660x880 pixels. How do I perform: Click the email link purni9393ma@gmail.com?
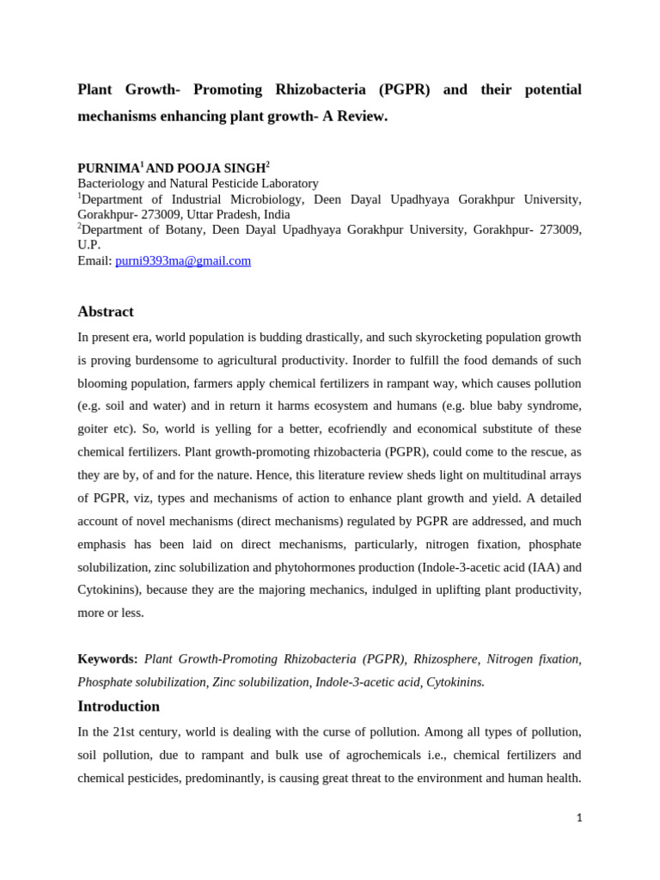pyautogui.click(x=183, y=260)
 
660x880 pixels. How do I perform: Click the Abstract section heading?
pyautogui.click(x=106, y=311)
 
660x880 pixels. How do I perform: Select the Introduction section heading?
pyautogui.click(x=119, y=706)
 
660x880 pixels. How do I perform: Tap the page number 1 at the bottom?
pyautogui.click(x=579, y=818)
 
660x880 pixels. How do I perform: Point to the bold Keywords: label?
pyautogui.click(x=107, y=658)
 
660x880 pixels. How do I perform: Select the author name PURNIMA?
pyautogui.click(x=108, y=168)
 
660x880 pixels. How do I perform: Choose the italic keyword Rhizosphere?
pyautogui.click(x=445, y=658)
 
